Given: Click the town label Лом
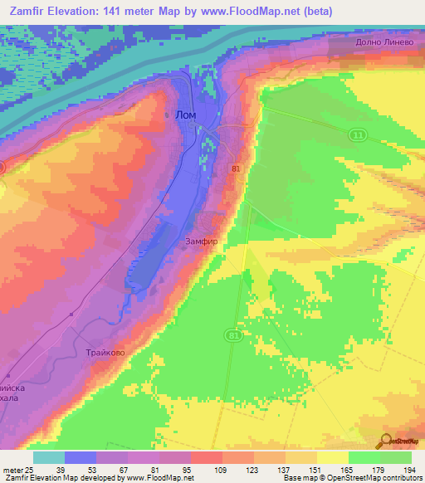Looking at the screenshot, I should click(186, 117).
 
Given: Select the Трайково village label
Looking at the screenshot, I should click(105, 353).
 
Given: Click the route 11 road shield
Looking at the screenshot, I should click(358, 134).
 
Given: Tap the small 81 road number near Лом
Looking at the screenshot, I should click(237, 168).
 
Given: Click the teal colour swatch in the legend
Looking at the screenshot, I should click(49, 457).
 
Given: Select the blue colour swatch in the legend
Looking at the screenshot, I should click(81, 457).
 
